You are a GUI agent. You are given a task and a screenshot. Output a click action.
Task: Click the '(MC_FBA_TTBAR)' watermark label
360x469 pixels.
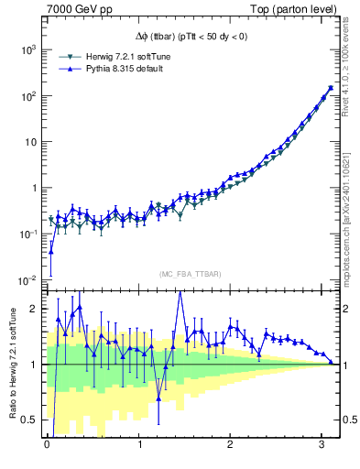pyautogui.click(x=190, y=275)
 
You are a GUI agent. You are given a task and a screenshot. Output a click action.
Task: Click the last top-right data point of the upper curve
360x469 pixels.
pyautogui.click(x=330, y=88)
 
